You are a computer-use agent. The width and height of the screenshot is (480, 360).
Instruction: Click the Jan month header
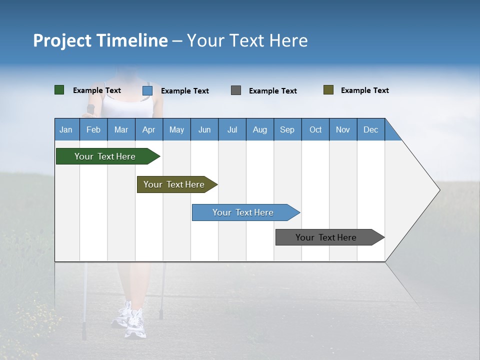(x=66, y=129)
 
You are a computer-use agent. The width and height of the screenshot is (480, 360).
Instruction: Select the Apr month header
(x=148, y=129)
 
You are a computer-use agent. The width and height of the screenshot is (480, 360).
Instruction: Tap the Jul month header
(x=232, y=129)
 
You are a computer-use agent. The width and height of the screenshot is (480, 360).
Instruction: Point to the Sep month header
(x=287, y=129)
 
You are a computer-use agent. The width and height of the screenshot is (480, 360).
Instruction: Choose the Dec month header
(x=370, y=129)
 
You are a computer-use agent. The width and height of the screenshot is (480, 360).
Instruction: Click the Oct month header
(x=315, y=129)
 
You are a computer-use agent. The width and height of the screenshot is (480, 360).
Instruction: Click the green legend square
(x=59, y=90)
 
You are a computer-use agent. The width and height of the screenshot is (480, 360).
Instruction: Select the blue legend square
(x=147, y=90)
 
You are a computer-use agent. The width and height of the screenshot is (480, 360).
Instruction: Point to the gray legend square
(x=236, y=90)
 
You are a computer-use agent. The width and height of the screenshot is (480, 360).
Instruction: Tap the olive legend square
(x=328, y=90)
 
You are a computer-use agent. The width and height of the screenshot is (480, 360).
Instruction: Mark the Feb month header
(x=93, y=129)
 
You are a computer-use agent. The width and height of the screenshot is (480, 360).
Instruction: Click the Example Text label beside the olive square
(x=364, y=90)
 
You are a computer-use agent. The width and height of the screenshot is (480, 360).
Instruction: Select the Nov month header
(x=342, y=129)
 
